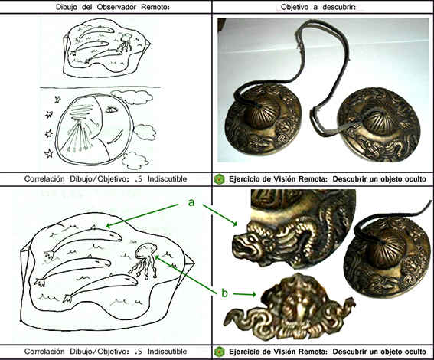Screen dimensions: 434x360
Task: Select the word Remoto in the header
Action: tap(155, 7)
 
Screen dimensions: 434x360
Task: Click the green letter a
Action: tap(191, 202)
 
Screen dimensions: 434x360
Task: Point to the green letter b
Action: tap(224, 293)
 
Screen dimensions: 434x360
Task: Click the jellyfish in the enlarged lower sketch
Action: tap(145, 260)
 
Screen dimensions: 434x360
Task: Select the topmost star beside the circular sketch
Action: tap(57, 99)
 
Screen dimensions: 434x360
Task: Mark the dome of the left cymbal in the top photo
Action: tap(263, 112)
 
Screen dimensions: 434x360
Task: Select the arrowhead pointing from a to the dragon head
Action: tap(235, 223)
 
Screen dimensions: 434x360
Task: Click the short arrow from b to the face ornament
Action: tap(244, 294)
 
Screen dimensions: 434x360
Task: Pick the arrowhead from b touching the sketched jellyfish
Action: tap(157, 257)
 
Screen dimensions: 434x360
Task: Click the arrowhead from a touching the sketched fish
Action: tap(109, 225)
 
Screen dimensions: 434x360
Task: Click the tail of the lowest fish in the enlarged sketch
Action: tap(67, 299)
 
